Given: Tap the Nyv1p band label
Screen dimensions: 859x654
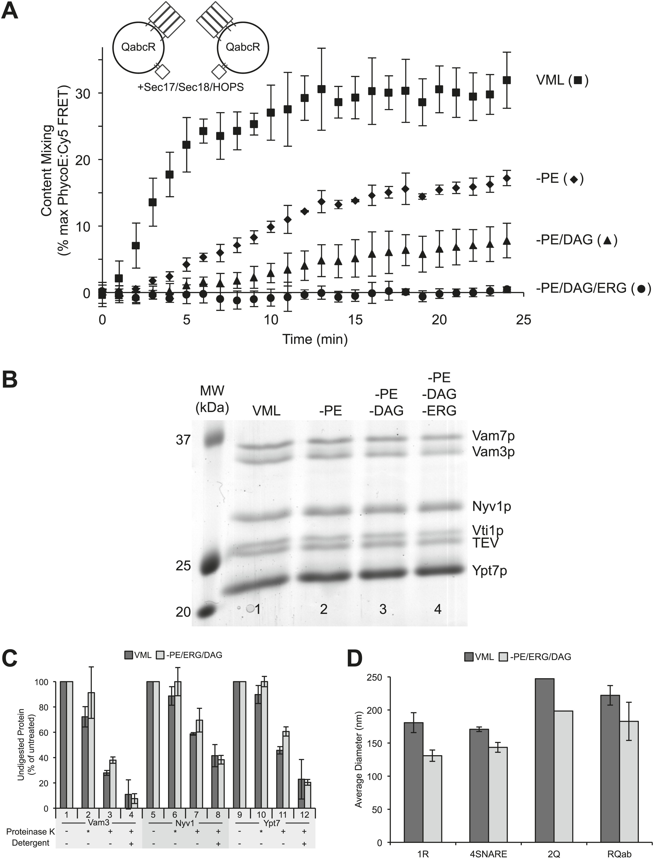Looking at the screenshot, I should (492, 506).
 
